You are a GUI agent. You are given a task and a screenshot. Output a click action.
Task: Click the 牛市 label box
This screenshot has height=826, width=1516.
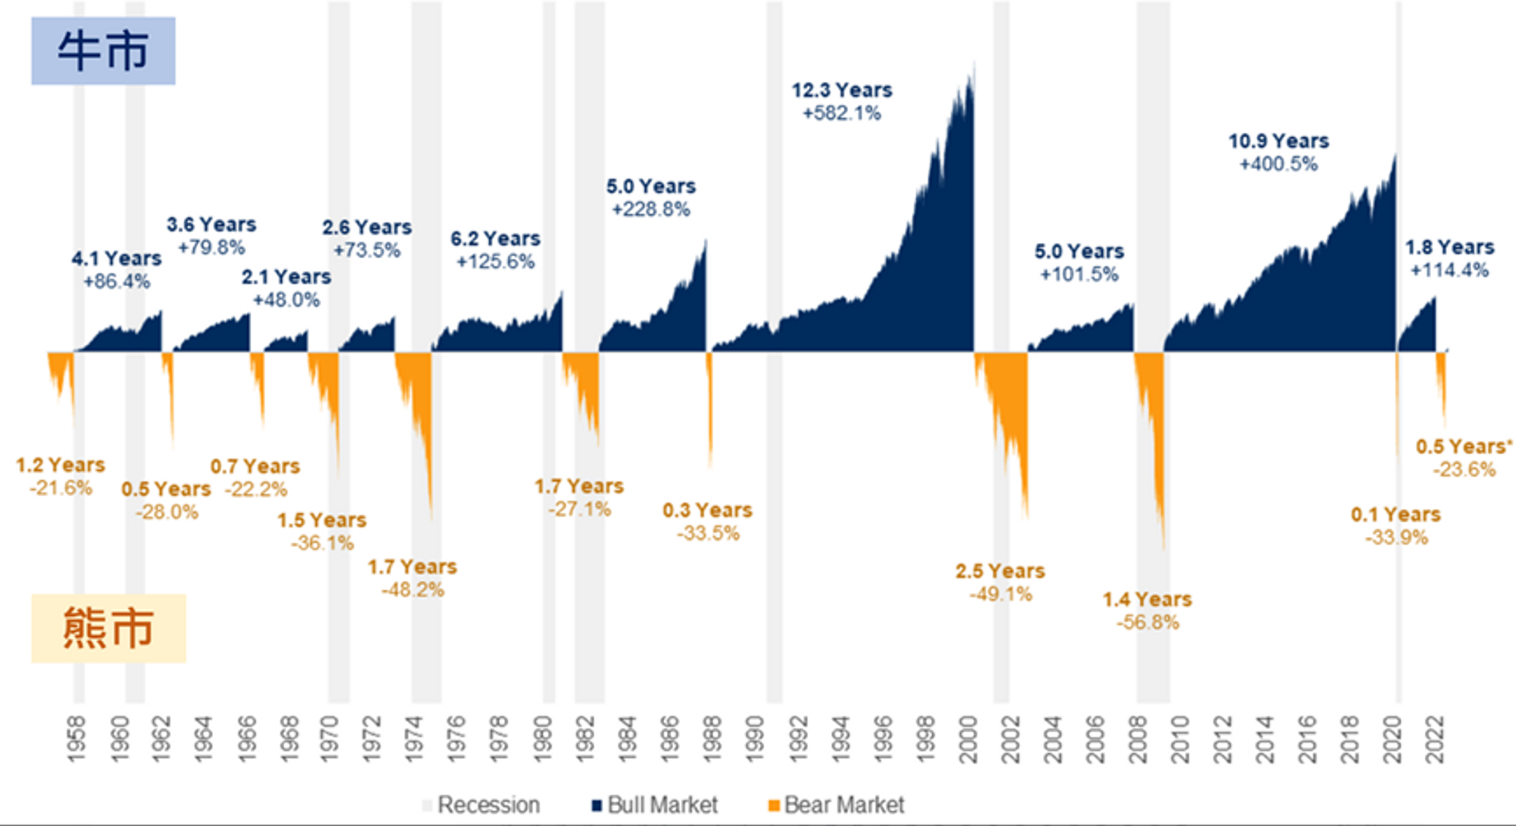click(103, 51)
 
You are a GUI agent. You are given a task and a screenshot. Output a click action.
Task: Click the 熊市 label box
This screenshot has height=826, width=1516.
click(108, 628)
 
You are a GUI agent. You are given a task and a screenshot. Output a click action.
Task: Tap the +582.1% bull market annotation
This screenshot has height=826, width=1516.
click(841, 114)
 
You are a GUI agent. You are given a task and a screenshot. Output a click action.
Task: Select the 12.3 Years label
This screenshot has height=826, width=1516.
click(841, 90)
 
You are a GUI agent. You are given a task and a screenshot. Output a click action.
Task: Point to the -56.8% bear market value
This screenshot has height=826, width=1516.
click(1148, 623)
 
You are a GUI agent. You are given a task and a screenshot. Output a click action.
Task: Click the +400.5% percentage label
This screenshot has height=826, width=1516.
click(1278, 164)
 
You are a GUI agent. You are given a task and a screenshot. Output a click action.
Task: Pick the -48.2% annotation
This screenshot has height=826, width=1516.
click(412, 590)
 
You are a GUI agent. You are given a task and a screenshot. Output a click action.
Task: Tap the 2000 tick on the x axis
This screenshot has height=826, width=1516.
click(968, 740)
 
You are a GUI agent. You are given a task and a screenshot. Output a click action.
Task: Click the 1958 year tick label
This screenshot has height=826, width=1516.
click(77, 740)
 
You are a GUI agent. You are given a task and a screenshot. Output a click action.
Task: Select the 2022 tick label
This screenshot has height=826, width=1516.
click(1435, 740)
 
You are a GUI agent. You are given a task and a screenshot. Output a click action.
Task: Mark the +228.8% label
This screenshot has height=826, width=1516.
click(650, 210)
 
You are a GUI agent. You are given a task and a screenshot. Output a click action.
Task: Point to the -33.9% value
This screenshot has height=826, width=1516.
click(1396, 538)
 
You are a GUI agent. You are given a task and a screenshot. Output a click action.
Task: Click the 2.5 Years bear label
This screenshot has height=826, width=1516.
click(999, 571)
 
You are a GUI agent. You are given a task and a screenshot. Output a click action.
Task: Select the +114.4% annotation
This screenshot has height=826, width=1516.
click(1449, 271)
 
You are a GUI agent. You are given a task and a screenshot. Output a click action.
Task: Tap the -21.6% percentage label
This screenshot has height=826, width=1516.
click(61, 488)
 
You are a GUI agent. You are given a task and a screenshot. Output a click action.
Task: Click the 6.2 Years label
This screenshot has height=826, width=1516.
click(495, 239)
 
